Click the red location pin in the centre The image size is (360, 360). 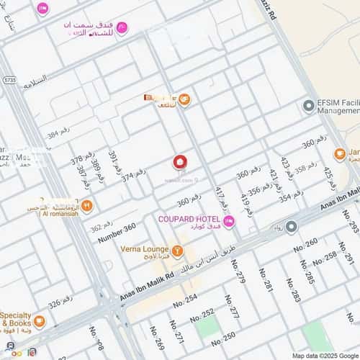tap(180, 163)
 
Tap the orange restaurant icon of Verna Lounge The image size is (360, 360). tap(178, 251)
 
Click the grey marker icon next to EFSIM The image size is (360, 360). tap(308, 104)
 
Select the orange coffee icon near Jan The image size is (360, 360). tap(339, 154)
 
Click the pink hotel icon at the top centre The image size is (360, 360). tap(122, 29)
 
